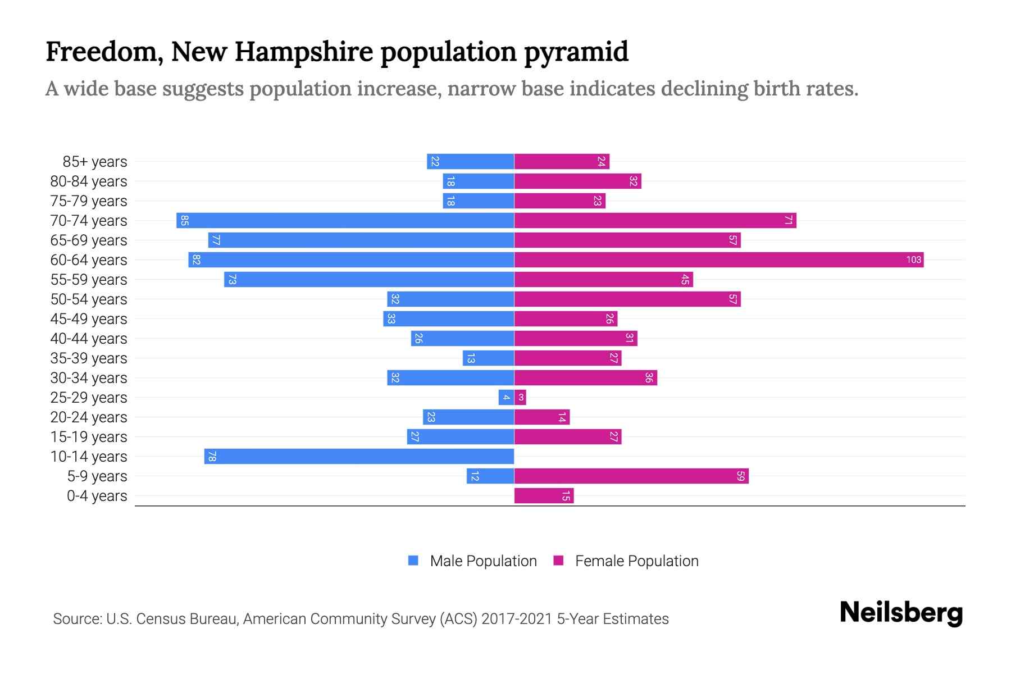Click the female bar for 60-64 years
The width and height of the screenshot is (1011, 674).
pyautogui.click(x=719, y=260)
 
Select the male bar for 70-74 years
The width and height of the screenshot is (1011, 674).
pyautogui.click(x=345, y=221)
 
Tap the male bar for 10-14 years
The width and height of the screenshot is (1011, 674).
pyautogui.click(x=359, y=457)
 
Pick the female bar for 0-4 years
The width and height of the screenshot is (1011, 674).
pyautogui.click(x=544, y=496)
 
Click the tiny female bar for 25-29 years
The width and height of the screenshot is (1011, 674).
pyautogui.click(x=521, y=398)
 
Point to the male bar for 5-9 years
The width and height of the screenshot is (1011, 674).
pyautogui.click(x=490, y=476)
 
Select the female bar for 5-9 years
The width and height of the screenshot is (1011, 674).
pyautogui.click(x=631, y=476)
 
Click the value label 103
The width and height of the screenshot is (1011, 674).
pyautogui.click(x=913, y=260)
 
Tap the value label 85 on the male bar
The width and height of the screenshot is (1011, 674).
pyautogui.click(x=184, y=221)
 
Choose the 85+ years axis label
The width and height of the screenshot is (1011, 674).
pyautogui.click(x=95, y=162)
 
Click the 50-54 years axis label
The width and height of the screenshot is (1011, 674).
pyautogui.click(x=89, y=299)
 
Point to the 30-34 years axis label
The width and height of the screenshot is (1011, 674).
pyautogui.click(x=89, y=378)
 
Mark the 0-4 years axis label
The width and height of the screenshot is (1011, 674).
pyautogui.click(x=97, y=496)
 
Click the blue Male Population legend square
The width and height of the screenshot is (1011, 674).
pyautogui.click(x=413, y=561)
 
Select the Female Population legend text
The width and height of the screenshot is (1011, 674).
pyautogui.click(x=636, y=561)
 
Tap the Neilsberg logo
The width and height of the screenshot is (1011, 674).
pyautogui.click(x=901, y=613)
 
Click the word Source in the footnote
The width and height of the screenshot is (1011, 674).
pyautogui.click(x=77, y=619)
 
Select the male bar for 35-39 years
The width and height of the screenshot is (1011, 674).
pyautogui.click(x=488, y=358)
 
